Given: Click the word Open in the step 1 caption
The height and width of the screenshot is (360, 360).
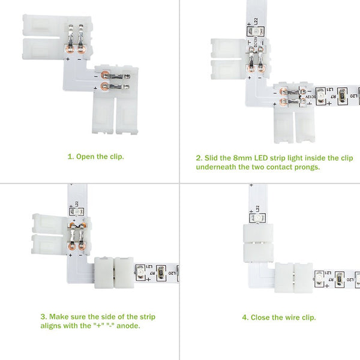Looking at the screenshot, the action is point(85,157).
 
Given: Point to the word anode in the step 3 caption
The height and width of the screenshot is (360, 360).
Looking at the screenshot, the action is point(128,326).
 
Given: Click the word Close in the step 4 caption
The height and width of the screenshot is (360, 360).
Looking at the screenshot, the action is point(260,317).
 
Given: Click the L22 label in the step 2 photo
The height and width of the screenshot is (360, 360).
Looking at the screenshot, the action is point(256,21).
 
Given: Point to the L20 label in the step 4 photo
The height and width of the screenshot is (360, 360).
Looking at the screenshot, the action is point(349,280).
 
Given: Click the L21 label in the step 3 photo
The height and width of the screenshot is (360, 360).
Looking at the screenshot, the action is point(149,267).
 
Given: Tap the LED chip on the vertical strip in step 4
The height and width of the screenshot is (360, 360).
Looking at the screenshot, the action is point(257,218).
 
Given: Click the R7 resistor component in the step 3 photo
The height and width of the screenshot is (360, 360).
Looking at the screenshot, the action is point(161,273).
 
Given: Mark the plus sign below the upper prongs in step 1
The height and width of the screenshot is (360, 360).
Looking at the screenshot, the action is point(68,59).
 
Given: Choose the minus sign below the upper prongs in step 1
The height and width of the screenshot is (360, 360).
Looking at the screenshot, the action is point(79,59).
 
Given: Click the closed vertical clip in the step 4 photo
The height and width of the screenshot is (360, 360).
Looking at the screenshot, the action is point(258,243).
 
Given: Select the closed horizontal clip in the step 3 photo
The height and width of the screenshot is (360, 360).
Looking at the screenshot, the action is point(114,273).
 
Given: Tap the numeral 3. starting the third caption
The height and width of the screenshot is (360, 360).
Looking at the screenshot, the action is point(44,317).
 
